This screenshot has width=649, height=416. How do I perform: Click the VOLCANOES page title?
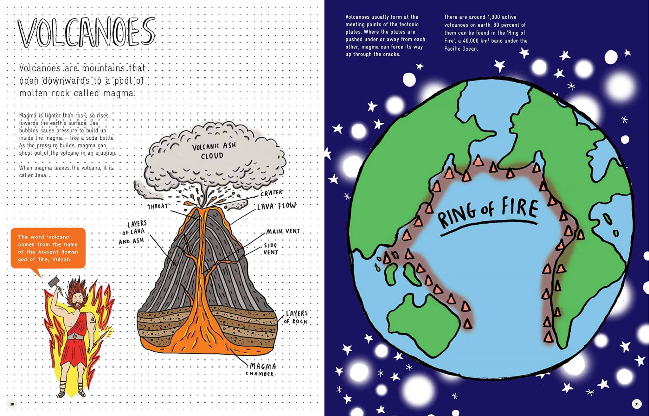coord(86,32)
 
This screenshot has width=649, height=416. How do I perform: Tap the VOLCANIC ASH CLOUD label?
coord(214,151)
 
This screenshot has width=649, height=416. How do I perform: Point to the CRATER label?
coord(272,193)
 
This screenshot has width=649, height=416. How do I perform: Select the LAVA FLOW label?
coord(277,206)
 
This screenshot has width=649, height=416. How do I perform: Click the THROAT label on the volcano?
coord(157,207)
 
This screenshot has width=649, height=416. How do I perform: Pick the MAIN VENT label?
coord(283,232)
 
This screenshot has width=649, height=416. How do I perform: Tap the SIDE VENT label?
coord(271,249)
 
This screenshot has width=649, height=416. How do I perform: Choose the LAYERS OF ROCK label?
coord(296,317)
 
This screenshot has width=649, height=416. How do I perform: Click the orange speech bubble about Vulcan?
coord(48,248)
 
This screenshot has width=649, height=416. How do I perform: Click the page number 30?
coord(12,404)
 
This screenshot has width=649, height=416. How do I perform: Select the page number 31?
coord(637,404)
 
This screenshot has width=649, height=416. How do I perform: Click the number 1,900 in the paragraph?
coord(490,17)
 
